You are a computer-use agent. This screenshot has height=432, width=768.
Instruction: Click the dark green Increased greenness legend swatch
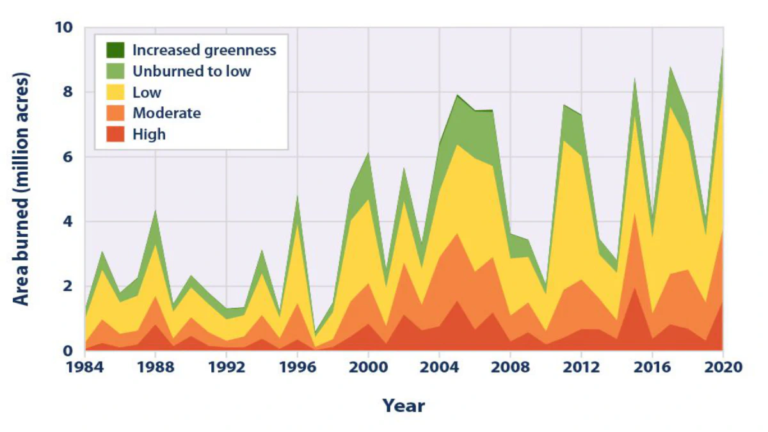click(116, 50)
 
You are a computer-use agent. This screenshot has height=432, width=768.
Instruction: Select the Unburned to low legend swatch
click(116, 71)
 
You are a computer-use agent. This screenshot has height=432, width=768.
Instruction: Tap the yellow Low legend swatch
click(116, 92)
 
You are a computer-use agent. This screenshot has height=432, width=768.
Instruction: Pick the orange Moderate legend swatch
click(116, 113)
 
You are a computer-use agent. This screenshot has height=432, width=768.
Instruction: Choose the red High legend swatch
click(116, 134)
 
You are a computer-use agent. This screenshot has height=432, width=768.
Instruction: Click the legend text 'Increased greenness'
click(204, 50)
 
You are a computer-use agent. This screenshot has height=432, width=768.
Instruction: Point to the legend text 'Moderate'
click(166, 113)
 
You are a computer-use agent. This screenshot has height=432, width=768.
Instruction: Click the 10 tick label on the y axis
click(65, 28)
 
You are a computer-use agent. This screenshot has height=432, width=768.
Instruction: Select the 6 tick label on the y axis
click(69, 157)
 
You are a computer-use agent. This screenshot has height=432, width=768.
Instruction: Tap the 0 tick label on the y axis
click(69, 351)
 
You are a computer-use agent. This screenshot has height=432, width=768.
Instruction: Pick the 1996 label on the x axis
click(297, 367)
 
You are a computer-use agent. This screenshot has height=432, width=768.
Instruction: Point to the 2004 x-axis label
click(439, 367)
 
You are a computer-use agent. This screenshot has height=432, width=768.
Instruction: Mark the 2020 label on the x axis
click(723, 367)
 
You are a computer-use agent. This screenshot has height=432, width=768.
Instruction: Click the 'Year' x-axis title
click(403, 405)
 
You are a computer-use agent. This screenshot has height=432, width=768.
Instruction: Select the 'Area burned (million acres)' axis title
click(22, 189)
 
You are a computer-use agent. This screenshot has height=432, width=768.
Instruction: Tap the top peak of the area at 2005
click(457, 95)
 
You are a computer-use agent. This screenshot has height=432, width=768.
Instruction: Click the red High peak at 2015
click(634, 287)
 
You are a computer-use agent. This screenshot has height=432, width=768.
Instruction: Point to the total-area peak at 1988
click(156, 211)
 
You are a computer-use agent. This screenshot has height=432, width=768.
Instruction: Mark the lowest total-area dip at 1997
click(315, 333)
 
